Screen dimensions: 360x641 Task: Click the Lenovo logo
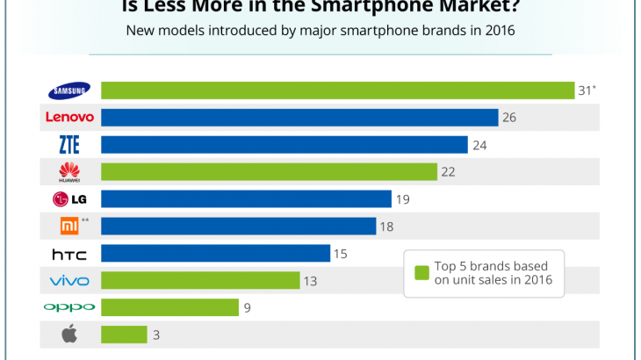[x=68, y=117]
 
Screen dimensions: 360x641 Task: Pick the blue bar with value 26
[x=299, y=118]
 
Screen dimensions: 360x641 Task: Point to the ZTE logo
[x=68, y=144]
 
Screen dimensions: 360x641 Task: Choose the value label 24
[x=479, y=145]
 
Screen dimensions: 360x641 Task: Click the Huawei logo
[x=68, y=172]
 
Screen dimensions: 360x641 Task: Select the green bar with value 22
[x=269, y=172]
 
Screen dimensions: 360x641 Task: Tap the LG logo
[x=68, y=199]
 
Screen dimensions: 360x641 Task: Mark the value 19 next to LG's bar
[x=403, y=199]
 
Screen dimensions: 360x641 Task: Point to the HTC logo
[x=68, y=254]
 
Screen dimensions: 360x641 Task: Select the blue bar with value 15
[x=215, y=254]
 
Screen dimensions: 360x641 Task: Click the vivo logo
[x=68, y=281]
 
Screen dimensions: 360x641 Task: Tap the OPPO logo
[x=68, y=307]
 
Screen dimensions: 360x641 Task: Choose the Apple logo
[x=68, y=334]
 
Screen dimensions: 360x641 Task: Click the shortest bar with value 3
[x=124, y=335]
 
